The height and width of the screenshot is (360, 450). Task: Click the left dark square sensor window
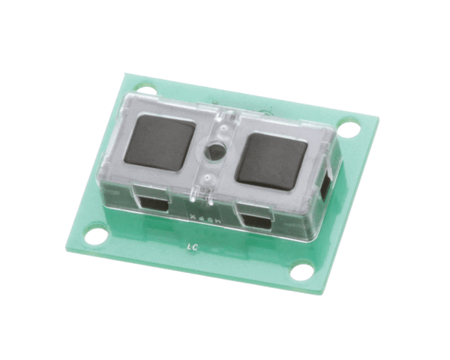coord(163,142)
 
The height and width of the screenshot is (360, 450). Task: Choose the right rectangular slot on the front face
coord(254,221)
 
